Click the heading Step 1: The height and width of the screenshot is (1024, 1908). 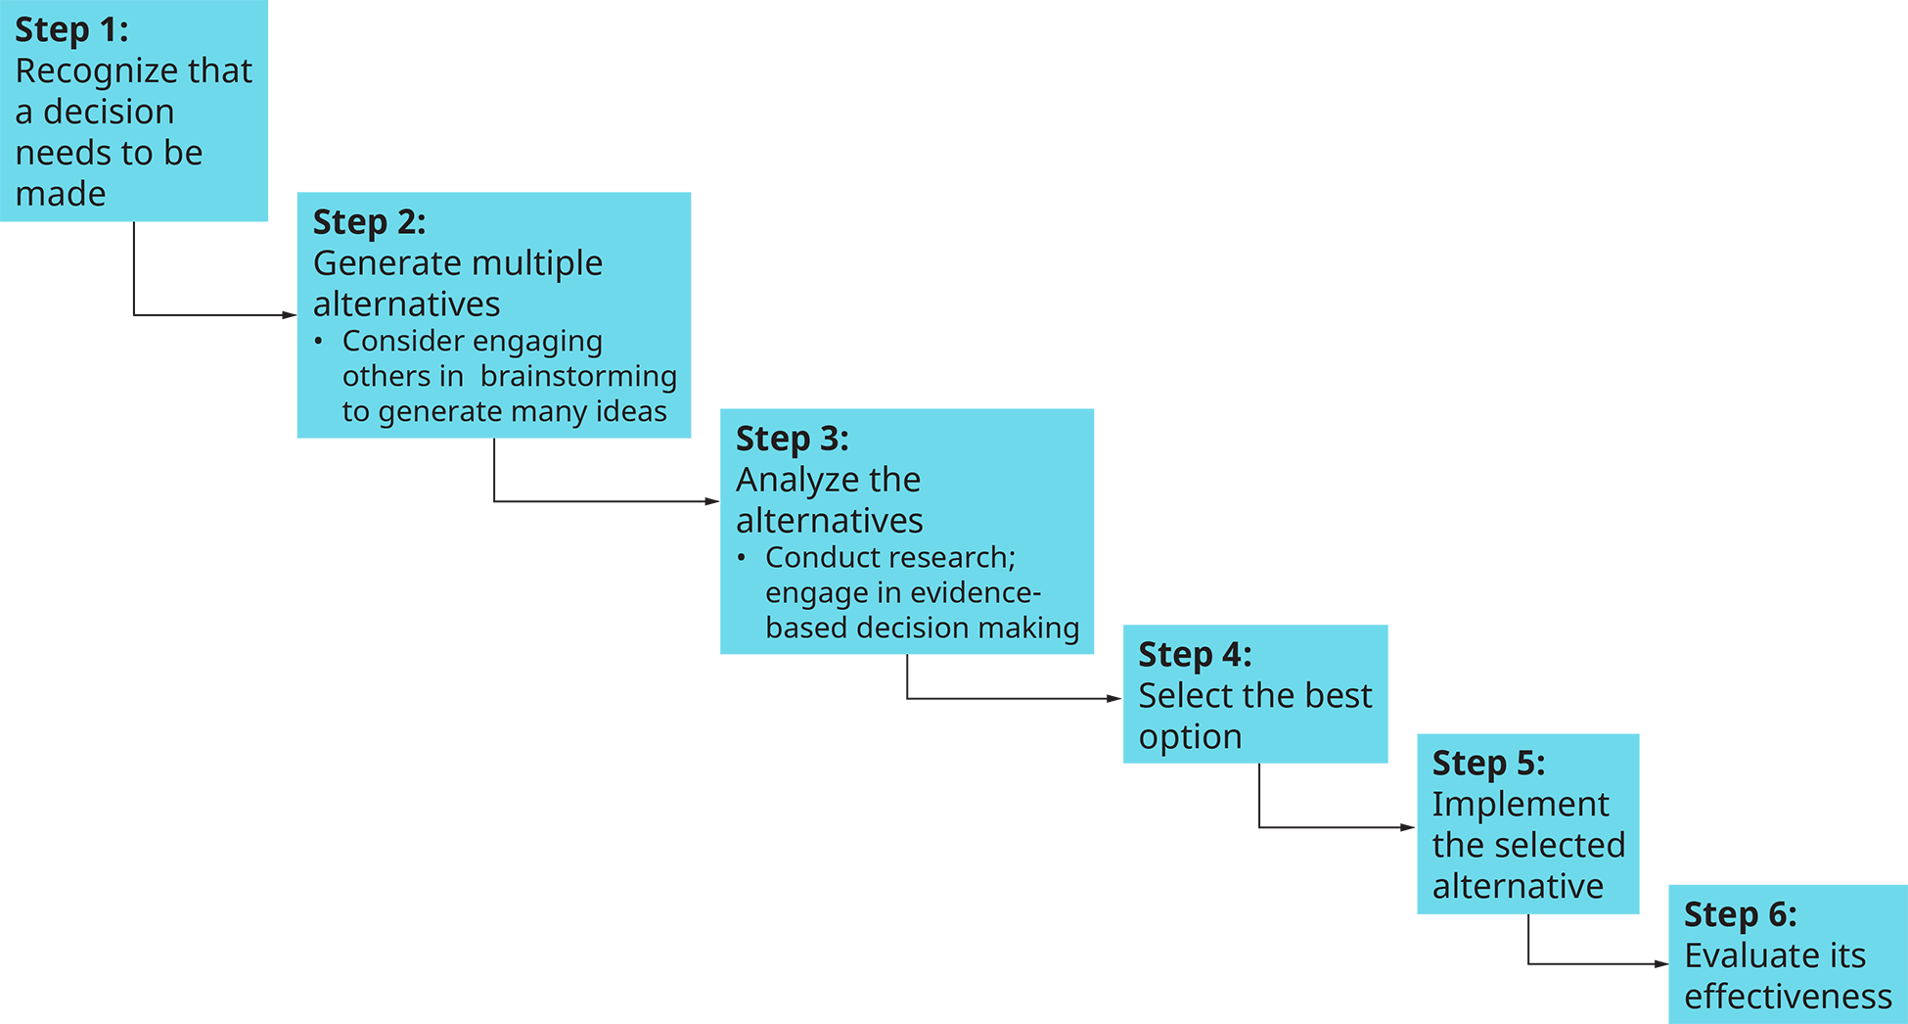coord(71,30)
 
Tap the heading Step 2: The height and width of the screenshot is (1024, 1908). coord(369,223)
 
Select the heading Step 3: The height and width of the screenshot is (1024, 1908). coord(792,440)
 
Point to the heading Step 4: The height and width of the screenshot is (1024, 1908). coord(1195,655)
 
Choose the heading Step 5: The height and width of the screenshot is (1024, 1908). coord(1488,764)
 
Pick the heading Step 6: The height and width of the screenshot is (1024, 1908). coord(1740,915)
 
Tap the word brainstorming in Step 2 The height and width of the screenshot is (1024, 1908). coord(578,377)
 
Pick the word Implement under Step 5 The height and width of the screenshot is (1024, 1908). coord(1520,805)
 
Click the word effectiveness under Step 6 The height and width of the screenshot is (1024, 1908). coord(1788,997)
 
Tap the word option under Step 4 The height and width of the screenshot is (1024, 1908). coord(1190,737)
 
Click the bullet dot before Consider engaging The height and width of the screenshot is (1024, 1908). coord(318,342)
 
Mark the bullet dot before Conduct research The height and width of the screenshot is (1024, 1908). coord(742,558)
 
